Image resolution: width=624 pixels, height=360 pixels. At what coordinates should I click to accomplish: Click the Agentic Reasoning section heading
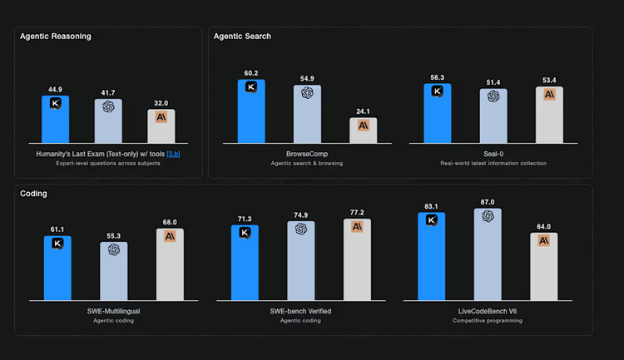click(x=55, y=37)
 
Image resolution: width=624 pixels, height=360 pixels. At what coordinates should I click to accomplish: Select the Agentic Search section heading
click(x=242, y=37)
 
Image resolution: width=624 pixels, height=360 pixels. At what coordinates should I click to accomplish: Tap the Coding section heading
click(x=34, y=194)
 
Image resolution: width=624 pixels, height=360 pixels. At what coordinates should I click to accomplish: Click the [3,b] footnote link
click(x=173, y=154)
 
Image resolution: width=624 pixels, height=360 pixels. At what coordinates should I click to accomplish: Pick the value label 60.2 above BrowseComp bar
click(x=250, y=73)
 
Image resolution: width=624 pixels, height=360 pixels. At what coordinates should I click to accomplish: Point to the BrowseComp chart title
click(x=306, y=154)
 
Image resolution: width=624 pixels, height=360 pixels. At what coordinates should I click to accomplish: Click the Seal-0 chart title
click(x=493, y=154)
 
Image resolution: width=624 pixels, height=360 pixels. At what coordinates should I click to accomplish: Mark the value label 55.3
click(x=113, y=236)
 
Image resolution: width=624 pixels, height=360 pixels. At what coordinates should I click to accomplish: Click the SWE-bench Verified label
click(x=301, y=311)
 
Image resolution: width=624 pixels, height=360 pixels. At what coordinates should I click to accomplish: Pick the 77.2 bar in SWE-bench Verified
click(x=357, y=260)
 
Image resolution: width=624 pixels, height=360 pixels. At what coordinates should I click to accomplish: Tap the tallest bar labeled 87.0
click(x=488, y=255)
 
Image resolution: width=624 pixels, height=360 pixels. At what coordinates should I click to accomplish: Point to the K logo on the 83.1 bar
click(x=432, y=220)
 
